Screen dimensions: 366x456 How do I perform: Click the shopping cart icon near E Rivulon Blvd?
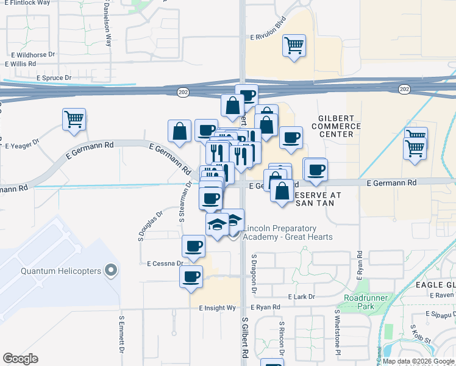coord(294,46)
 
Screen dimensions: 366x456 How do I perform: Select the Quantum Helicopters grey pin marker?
coord(110,270)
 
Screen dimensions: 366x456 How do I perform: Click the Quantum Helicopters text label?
coord(61,271)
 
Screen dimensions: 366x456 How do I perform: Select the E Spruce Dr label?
coord(54,78)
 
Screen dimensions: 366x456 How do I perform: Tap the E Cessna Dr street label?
coord(165,264)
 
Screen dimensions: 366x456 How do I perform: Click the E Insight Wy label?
coord(217,309)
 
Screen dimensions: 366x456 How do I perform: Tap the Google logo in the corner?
coord(20,358)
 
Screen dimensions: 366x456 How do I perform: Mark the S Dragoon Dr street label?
coord(253,272)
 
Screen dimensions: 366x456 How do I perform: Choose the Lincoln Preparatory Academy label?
coord(288,232)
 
